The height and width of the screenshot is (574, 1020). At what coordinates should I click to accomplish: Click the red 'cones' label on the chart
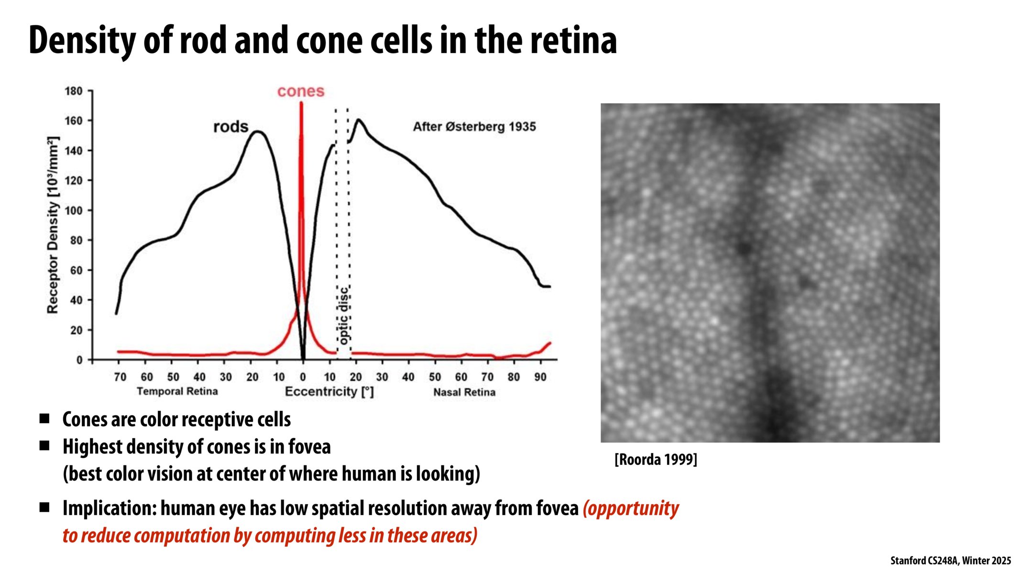click(300, 91)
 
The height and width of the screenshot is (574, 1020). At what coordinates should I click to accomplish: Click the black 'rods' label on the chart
click(230, 127)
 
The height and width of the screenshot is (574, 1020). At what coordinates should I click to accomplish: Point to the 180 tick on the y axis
click(74, 91)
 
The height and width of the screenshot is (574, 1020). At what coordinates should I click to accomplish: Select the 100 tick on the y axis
click(74, 210)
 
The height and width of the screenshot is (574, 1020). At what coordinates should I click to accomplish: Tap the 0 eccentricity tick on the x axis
click(303, 377)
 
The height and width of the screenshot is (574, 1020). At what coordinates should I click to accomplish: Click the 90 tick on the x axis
click(540, 377)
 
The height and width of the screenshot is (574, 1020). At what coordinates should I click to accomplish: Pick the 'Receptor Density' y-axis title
click(53, 225)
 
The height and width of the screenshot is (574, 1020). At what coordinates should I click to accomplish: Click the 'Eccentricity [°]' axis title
click(329, 392)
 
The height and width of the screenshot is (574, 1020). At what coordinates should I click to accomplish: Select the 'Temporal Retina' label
click(177, 392)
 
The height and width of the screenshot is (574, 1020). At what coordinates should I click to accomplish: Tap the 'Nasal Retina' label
click(464, 392)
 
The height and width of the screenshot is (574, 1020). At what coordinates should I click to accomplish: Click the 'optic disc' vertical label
click(343, 316)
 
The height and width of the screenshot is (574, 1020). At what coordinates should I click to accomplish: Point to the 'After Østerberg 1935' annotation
click(474, 127)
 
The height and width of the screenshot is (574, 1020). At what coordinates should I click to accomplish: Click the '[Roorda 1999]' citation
click(656, 460)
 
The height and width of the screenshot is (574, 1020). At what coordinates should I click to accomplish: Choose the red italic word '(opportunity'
click(631, 508)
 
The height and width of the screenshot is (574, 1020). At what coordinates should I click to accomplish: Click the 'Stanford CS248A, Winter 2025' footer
click(950, 561)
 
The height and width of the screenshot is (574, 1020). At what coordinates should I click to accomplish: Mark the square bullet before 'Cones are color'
click(44, 419)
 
